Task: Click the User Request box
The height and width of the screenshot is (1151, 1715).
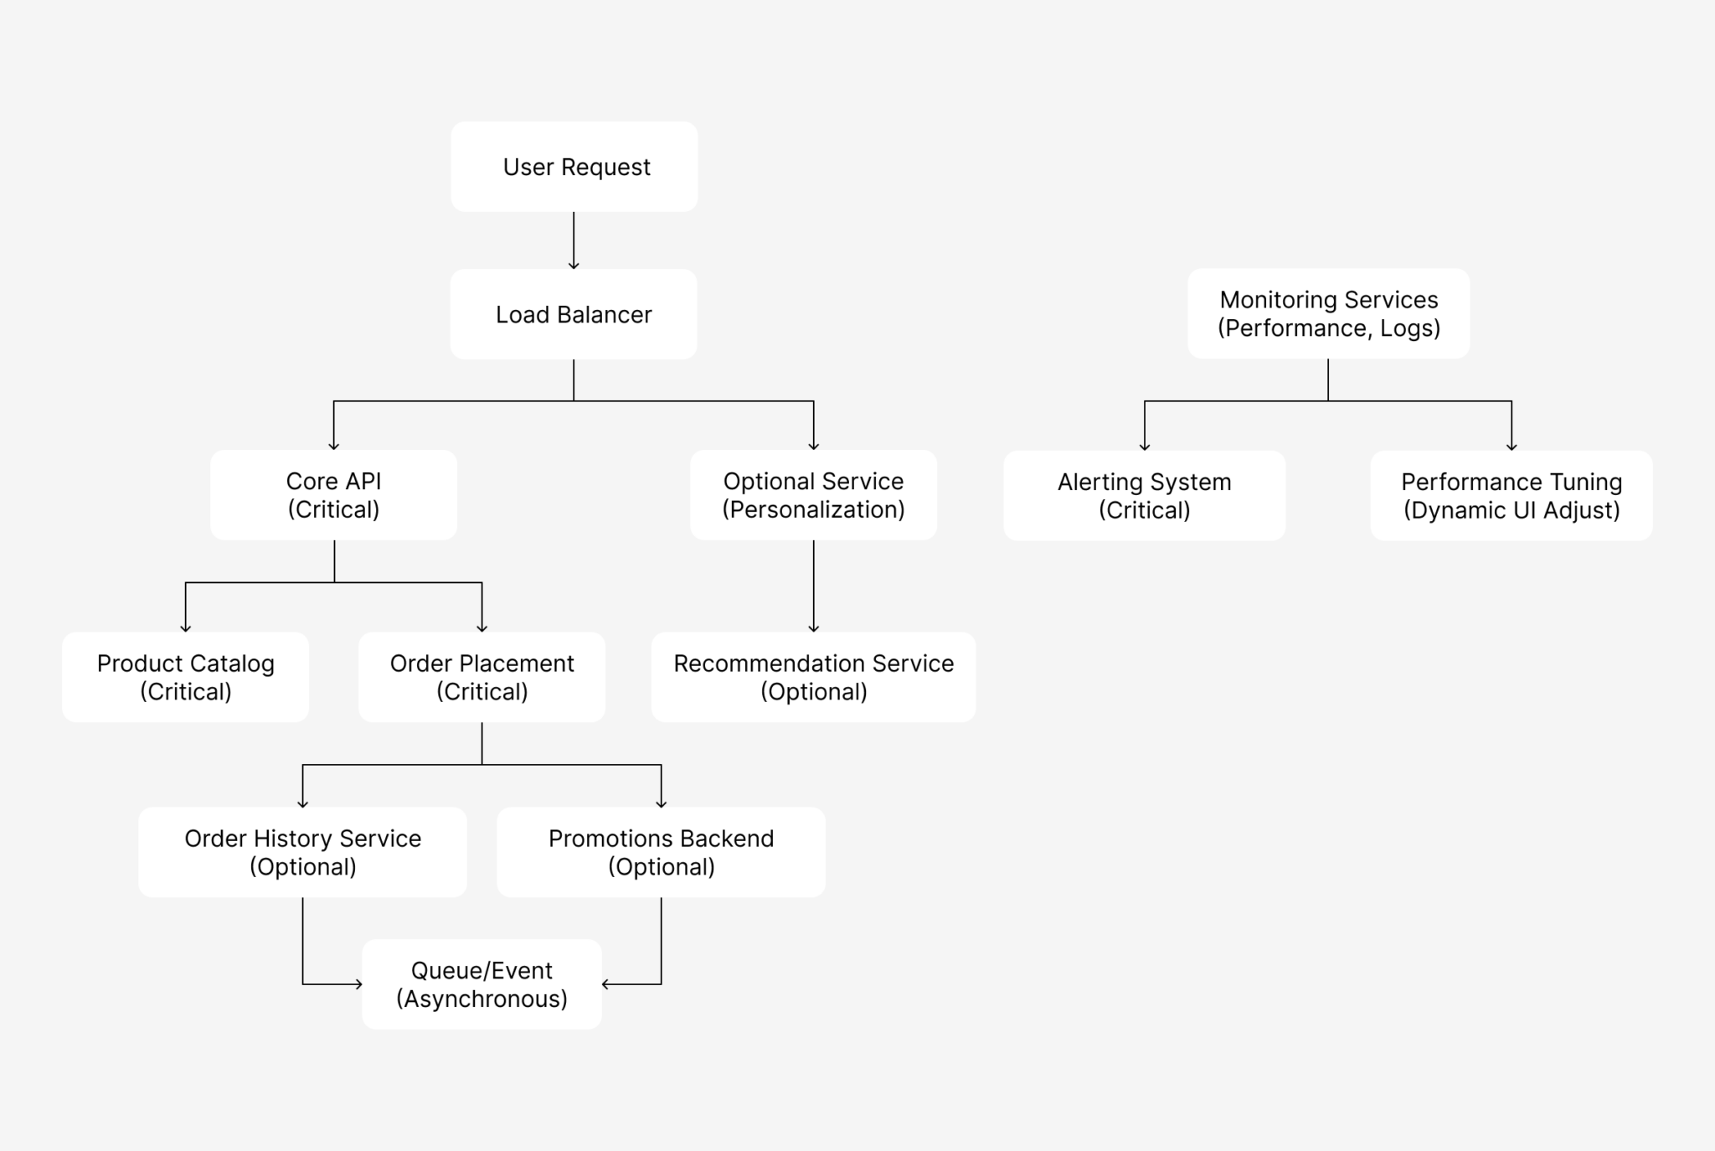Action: coord(574,167)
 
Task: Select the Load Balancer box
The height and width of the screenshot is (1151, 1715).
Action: coord(574,314)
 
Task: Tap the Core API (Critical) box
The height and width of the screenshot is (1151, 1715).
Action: coord(333,495)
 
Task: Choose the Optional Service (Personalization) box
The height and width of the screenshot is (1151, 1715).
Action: coord(813,495)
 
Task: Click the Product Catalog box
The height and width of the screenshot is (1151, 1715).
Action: coord(185,677)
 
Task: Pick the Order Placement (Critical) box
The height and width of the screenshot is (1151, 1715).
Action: coord(482,677)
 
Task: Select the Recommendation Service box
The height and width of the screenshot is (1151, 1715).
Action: coord(813,677)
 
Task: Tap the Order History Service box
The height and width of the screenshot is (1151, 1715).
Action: coord(302,852)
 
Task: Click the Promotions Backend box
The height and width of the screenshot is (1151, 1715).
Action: coord(661,852)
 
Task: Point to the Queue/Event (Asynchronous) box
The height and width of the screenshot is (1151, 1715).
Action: coord(482,984)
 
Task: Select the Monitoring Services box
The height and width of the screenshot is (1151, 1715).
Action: coord(1328,313)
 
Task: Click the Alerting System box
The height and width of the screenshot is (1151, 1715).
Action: coord(1144,496)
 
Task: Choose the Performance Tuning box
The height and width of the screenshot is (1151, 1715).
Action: coord(1512,496)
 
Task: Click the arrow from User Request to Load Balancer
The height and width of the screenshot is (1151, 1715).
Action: coord(574,240)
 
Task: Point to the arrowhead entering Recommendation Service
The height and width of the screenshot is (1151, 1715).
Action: coord(813,627)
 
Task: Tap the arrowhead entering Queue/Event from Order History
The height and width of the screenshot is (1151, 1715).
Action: coord(358,984)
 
